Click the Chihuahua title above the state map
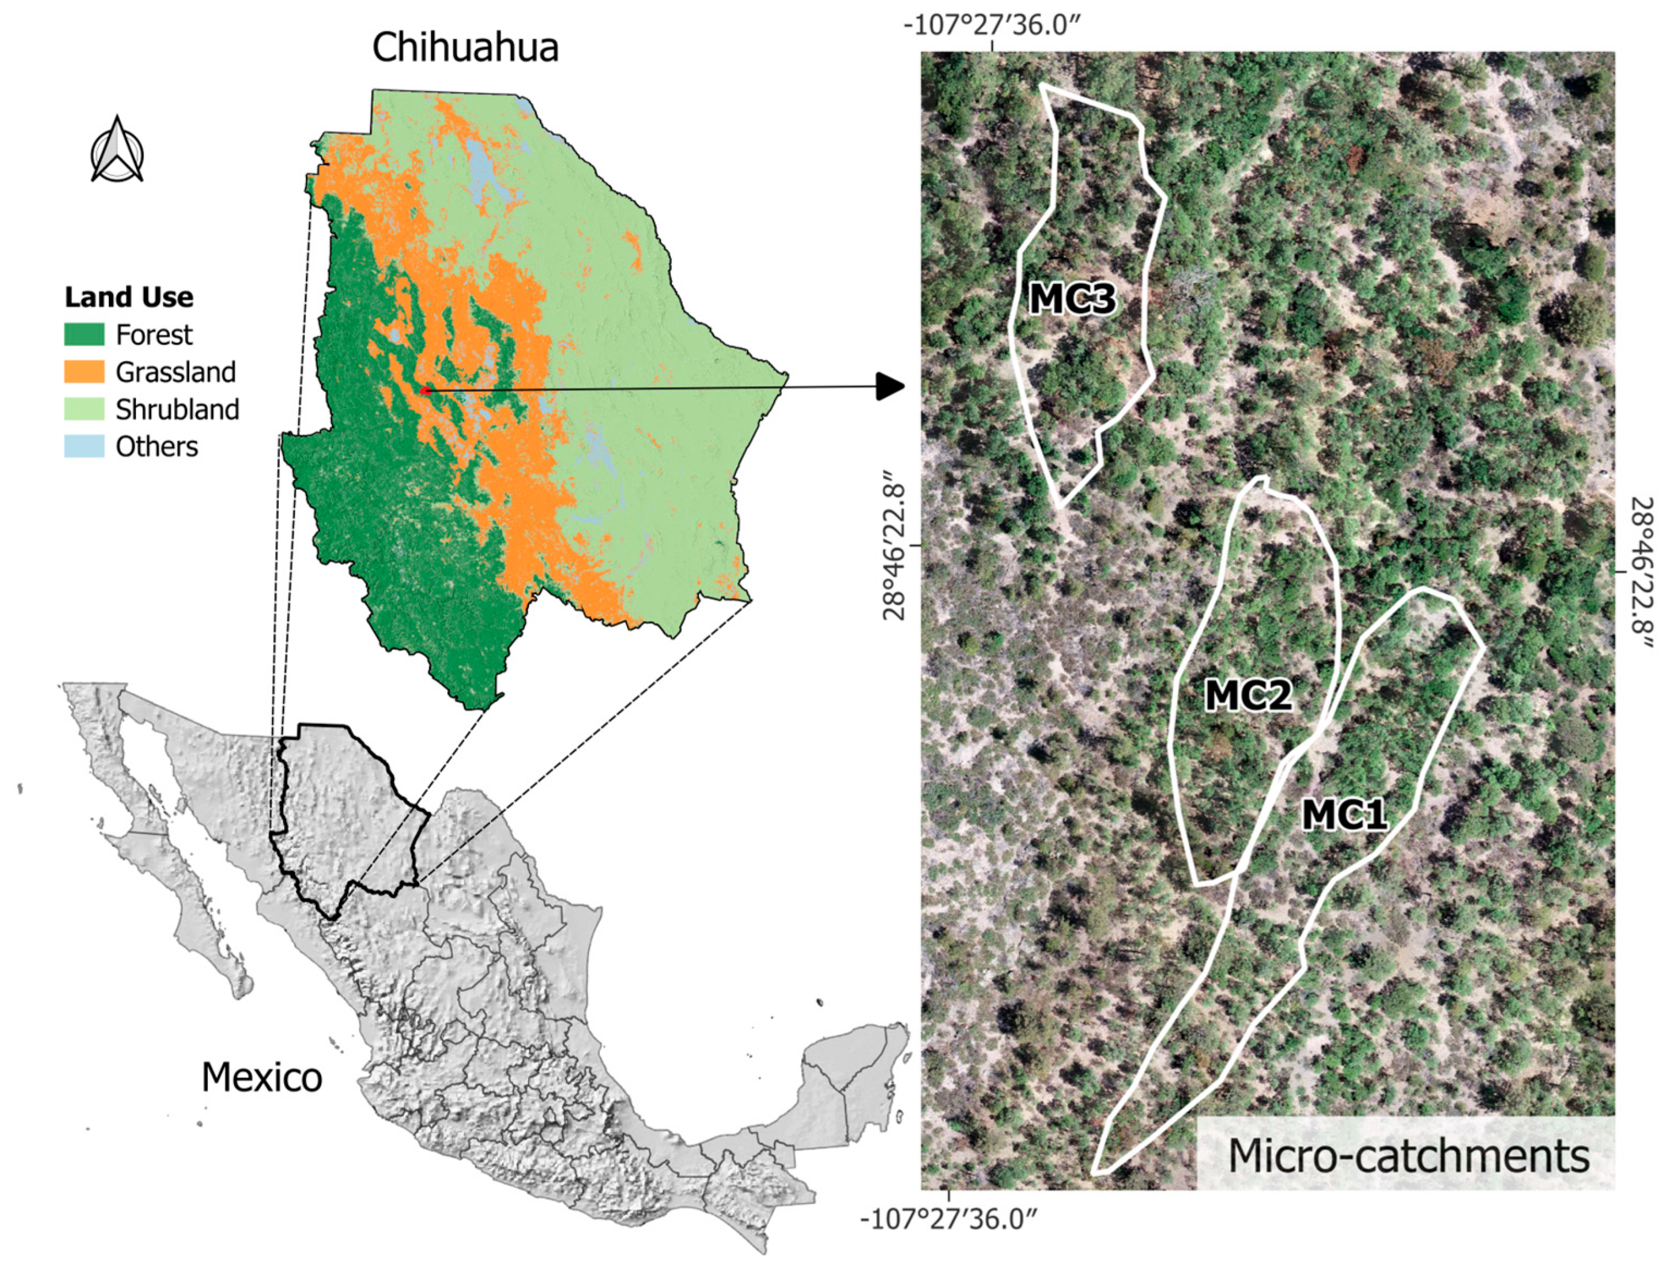pos(465,48)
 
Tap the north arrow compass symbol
pos(117,151)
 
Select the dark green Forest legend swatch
pos(84,334)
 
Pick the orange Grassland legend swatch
pos(84,371)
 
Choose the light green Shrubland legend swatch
pos(84,409)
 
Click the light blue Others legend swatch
pos(84,446)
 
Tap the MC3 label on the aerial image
pos(1072,300)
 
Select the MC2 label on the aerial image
pos(1248,695)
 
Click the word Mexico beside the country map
pos(261,1077)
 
